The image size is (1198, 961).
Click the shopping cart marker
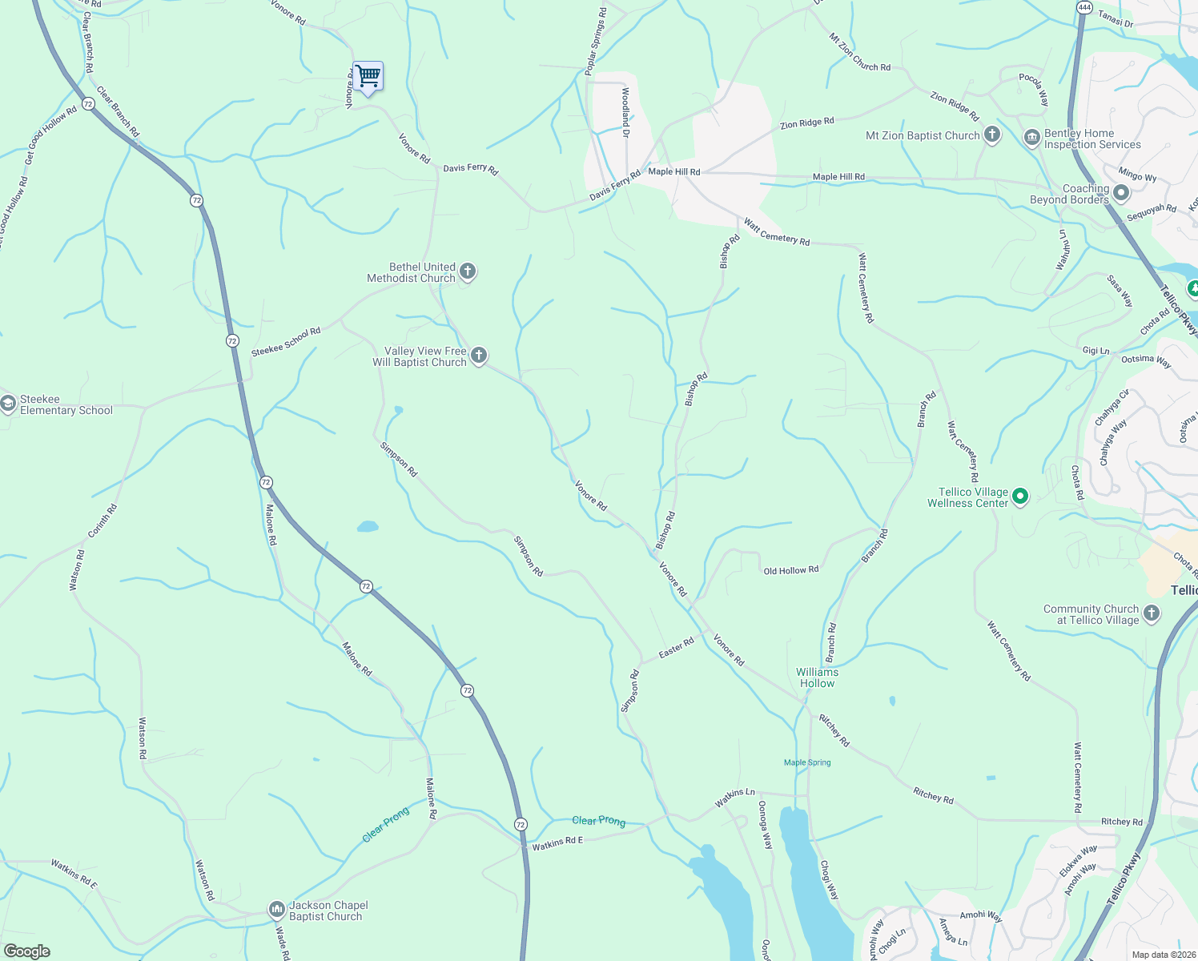point(368,77)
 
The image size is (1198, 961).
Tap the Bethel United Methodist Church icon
point(468,272)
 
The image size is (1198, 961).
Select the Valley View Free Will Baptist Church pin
point(479,356)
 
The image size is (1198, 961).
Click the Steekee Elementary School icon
point(8,404)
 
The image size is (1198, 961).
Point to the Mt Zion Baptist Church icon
point(992,135)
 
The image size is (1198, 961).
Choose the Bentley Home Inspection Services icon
point(1031,139)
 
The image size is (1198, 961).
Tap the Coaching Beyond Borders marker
point(1120,193)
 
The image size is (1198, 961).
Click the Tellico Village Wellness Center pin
point(1020,497)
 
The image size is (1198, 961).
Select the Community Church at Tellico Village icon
point(1151,613)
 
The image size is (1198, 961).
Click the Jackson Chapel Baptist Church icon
point(276,910)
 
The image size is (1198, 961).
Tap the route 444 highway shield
point(1084,7)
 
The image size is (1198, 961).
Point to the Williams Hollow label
point(817,678)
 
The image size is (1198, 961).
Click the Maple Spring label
point(807,762)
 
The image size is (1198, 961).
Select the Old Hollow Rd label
point(790,570)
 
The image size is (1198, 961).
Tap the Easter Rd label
point(676,649)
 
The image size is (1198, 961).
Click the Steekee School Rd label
point(286,342)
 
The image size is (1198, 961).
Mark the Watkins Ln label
point(734,798)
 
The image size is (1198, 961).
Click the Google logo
point(26,951)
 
